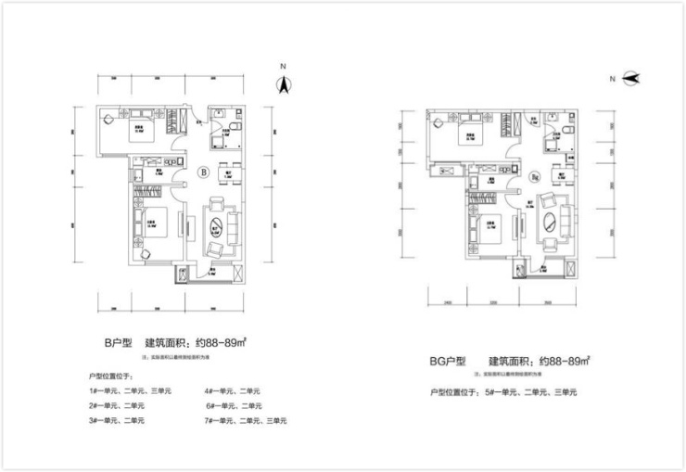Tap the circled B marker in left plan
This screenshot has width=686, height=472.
tap(202, 171)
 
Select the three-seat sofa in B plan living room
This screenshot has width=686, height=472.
tap(232, 225)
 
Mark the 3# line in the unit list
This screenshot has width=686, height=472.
tap(116, 421)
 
